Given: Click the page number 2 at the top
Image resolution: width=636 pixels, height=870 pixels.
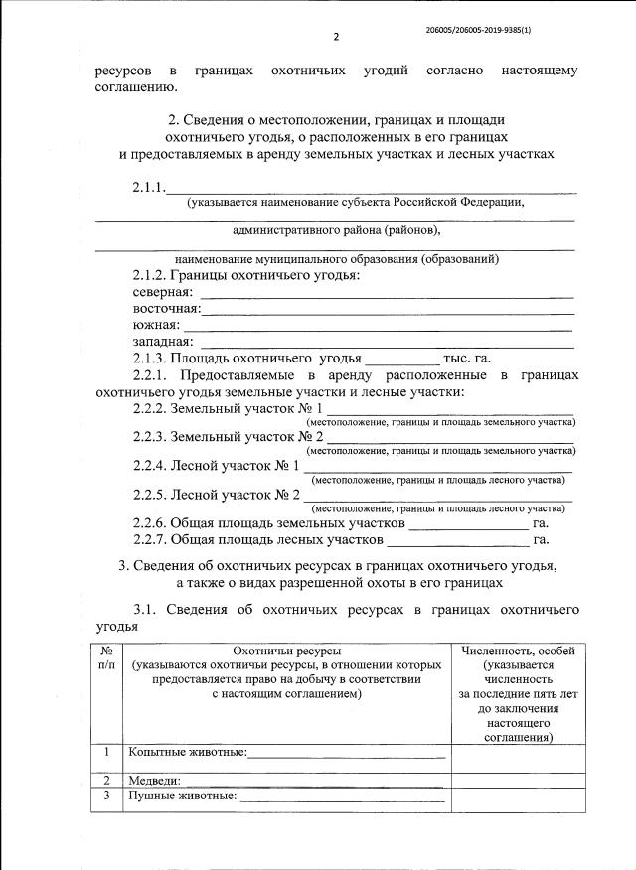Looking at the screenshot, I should coord(336,37).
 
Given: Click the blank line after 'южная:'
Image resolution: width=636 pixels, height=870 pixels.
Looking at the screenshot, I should coord(378,327).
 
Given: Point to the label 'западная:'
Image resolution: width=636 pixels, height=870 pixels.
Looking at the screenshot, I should coord(163,343).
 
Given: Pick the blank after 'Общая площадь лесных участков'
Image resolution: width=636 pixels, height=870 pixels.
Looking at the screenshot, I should coord(457,543).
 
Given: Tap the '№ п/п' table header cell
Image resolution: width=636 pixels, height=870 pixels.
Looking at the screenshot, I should coord(106,657).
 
